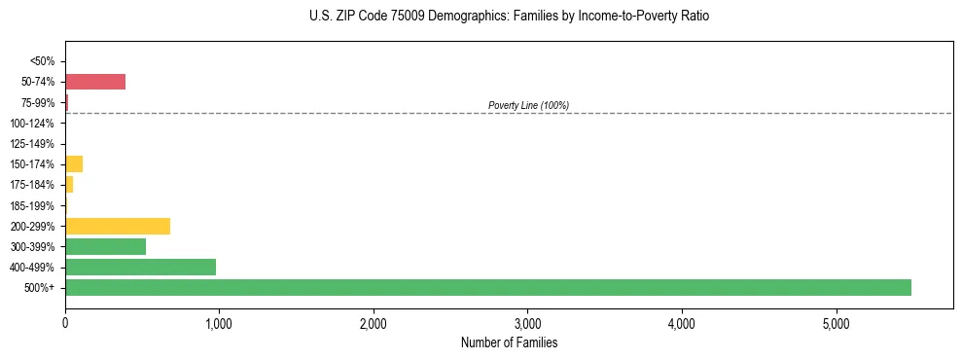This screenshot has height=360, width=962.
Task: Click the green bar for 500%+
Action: pos(487,287)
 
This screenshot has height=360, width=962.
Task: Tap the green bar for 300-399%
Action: pos(105,246)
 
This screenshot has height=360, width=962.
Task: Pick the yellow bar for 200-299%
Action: pos(118,226)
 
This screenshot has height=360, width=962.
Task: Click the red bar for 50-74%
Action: pos(95,82)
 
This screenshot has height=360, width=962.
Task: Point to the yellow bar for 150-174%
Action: pos(74,163)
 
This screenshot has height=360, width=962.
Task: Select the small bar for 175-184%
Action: pos(69,184)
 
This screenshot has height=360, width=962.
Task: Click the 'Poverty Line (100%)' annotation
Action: pos(528,105)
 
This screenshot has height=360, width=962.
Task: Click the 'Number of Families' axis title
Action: pos(509,342)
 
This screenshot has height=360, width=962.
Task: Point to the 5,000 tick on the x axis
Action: pos(836,323)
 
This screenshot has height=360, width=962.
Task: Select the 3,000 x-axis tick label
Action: pos(527,323)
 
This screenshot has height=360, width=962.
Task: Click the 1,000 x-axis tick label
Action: pos(219,323)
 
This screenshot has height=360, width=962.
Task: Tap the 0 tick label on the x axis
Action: pos(65,323)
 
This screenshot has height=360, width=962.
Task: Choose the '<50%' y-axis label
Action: pos(42,61)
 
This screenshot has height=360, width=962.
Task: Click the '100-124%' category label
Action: pos(33,124)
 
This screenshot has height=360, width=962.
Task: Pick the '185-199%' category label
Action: pos(33,205)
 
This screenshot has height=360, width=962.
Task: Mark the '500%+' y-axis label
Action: pos(40,288)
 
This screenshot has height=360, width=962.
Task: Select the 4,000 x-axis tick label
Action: pos(682,323)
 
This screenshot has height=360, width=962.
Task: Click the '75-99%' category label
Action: pos(37,102)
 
